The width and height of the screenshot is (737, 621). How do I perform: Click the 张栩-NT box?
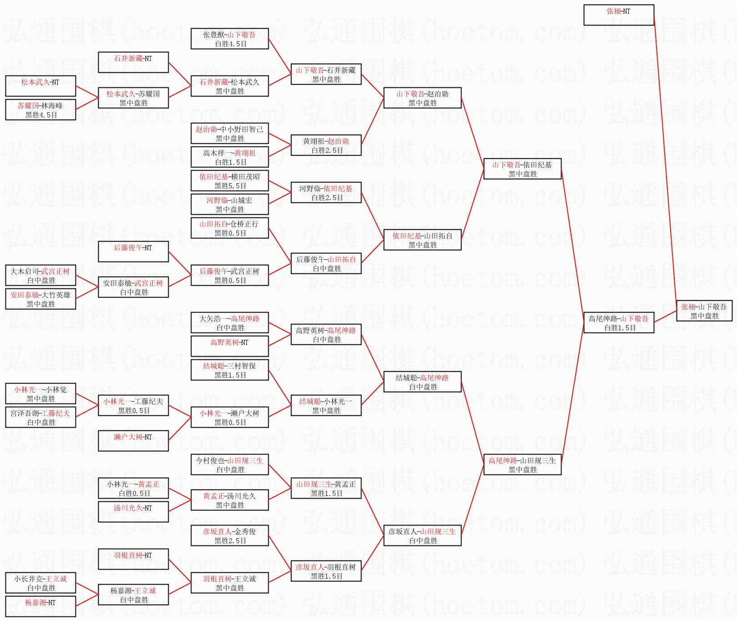click(619, 15)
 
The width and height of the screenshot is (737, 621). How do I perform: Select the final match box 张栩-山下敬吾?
click(704, 311)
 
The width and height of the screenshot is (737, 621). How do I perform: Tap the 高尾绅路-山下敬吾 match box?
click(619, 323)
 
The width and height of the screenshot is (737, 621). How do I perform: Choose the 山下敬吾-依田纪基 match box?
click(522, 169)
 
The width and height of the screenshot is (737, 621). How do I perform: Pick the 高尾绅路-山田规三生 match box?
click(522, 464)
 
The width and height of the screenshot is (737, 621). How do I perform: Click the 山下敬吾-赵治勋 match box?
click(422, 98)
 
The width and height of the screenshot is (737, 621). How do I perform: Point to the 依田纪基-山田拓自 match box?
click(422, 240)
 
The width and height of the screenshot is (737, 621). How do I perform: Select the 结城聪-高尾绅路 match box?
click(422, 382)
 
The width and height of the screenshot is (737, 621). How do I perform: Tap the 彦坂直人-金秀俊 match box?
click(230, 535)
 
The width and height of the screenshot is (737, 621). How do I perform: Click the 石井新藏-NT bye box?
click(133, 62)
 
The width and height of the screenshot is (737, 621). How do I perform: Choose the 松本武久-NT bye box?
click(40, 86)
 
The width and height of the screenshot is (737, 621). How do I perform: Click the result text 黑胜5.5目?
click(231, 186)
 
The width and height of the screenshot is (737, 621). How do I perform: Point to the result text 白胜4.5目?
click(231, 44)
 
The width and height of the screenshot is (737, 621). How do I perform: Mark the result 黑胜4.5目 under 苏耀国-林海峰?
click(41, 115)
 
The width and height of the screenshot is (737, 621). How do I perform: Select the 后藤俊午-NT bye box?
click(133, 252)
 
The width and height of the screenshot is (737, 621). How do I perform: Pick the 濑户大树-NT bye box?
click(133, 441)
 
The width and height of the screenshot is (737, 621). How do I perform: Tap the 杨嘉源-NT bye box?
click(40, 606)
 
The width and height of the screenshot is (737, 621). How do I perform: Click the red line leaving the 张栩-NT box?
click(665, 163)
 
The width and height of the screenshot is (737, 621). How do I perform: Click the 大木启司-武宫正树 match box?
click(40, 275)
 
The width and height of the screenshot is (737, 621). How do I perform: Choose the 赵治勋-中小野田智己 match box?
click(230, 133)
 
